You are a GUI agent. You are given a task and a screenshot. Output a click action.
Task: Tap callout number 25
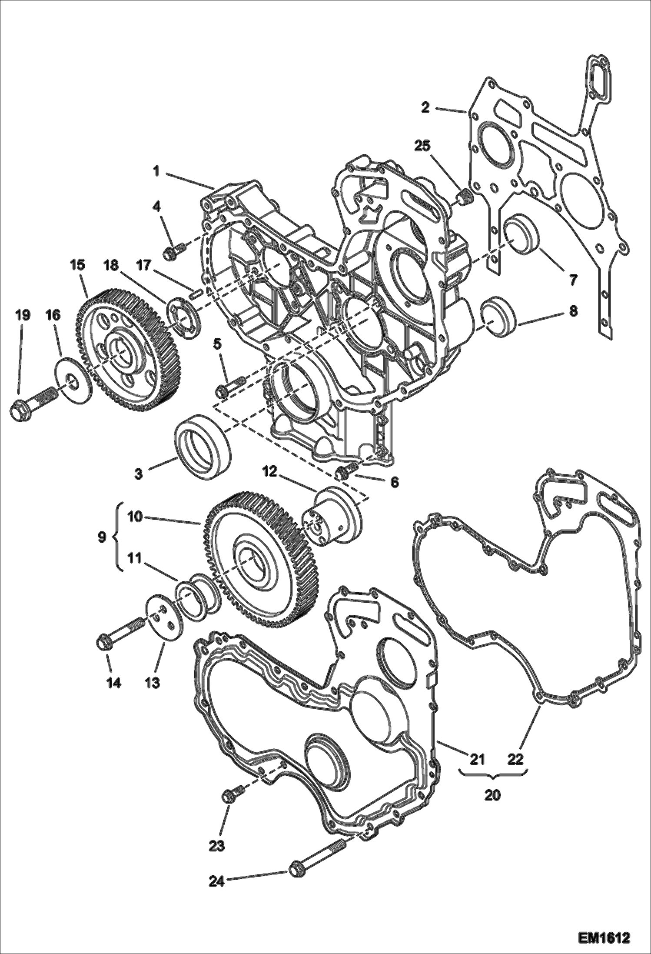tap(422, 146)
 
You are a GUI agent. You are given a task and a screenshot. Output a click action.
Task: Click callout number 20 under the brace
tap(492, 795)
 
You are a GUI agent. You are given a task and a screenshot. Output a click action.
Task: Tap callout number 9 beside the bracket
tap(102, 537)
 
